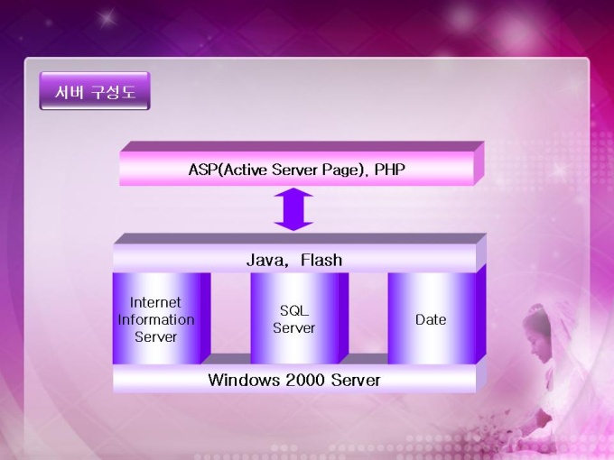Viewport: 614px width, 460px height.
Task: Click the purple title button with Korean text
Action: coord(95,91)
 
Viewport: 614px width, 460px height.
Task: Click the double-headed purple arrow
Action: coord(293,209)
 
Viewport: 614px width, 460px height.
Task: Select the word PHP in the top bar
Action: coord(390,170)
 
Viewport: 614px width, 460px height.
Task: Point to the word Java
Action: coord(266,260)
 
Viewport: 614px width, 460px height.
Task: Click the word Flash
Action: coord(321,260)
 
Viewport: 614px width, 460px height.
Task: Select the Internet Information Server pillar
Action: coord(162,318)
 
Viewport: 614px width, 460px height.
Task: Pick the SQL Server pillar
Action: coord(299,318)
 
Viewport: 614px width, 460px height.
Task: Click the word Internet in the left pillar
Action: coord(155,302)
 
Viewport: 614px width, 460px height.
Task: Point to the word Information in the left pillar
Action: coord(156,319)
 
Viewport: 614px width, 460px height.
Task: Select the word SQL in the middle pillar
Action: coord(294,310)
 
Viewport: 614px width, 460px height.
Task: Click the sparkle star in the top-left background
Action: coord(107,18)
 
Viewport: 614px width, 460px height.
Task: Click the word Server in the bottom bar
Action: coord(356,380)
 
